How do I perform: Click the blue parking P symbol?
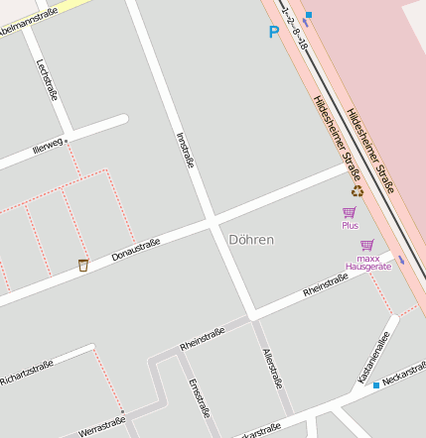(274, 32)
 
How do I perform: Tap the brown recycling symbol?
(356, 191)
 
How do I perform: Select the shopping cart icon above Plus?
(349, 212)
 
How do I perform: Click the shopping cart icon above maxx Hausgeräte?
(367, 245)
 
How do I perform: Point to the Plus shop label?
(350, 225)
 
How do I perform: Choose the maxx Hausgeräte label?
(368, 263)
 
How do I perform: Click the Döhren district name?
(250, 240)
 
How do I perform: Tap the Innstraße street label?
(184, 149)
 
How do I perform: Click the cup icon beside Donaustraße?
(83, 265)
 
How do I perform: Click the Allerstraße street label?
(273, 369)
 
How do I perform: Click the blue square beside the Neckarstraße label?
(376, 384)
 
